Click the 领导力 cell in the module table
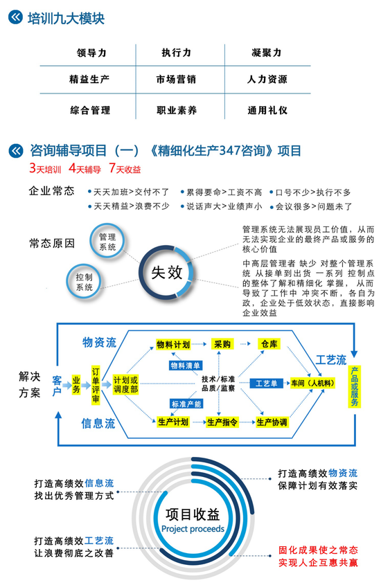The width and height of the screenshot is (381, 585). (91, 53)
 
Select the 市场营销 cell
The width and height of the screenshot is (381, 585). (176, 79)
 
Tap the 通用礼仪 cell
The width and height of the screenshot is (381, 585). (267, 110)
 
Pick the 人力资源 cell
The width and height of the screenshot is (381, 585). (267, 79)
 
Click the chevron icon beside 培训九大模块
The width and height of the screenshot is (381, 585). (16, 17)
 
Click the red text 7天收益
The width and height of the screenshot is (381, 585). (125, 168)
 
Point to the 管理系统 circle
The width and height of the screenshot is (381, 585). (107, 242)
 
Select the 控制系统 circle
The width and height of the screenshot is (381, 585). (84, 282)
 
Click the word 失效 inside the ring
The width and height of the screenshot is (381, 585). (166, 272)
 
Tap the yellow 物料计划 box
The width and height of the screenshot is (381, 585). (173, 344)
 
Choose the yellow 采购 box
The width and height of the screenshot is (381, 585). (222, 344)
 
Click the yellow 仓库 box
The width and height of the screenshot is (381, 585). (269, 343)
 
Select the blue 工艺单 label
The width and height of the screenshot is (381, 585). (267, 383)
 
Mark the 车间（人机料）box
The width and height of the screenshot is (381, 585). (312, 383)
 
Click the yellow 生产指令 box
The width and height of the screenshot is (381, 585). (222, 422)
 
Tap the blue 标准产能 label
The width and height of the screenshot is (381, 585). (186, 404)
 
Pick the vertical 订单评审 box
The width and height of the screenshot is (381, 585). (96, 385)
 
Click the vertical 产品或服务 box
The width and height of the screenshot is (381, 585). (355, 386)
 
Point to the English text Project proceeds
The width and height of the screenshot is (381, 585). (193, 529)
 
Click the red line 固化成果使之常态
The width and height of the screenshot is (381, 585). (318, 550)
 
